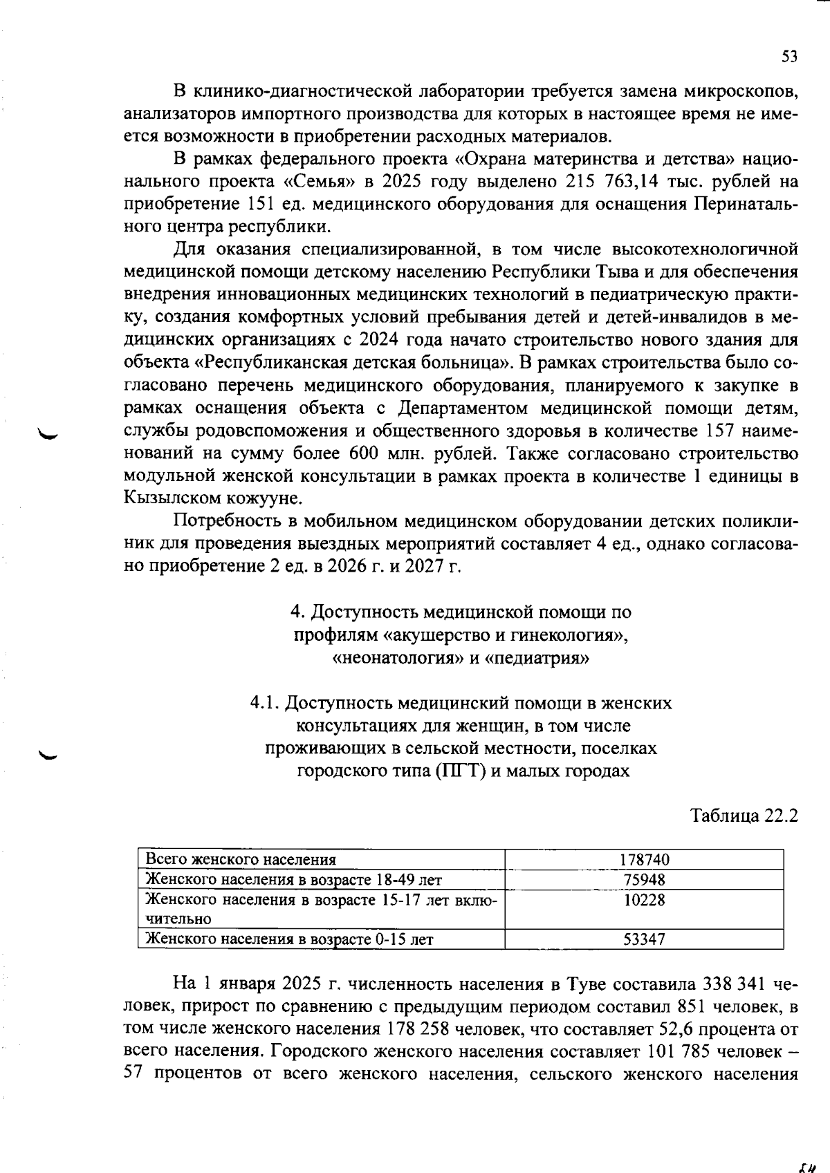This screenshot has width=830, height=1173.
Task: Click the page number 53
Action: point(789,57)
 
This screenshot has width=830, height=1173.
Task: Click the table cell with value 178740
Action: point(644,859)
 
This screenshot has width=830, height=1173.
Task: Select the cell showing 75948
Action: point(644,879)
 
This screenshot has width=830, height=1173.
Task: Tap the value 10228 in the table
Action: point(644,899)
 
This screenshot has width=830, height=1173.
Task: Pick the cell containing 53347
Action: point(644,939)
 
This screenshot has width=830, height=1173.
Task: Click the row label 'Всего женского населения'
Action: point(241,859)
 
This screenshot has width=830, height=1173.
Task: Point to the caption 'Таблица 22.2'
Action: point(744,816)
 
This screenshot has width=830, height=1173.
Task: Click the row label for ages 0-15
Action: point(290,939)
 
